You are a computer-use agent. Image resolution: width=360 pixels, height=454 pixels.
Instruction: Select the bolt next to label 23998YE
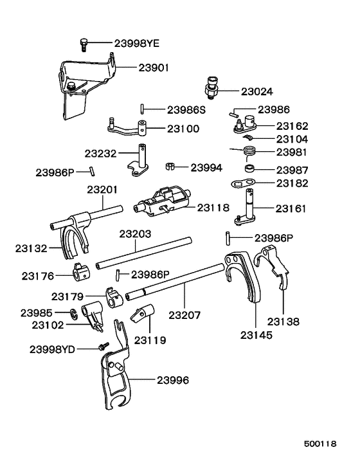[84, 43]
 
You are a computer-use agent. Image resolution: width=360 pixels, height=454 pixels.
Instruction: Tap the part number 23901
[152, 66]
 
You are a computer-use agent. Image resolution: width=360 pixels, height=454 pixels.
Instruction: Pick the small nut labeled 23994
[170, 168]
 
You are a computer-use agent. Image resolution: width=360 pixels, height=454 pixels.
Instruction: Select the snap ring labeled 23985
[75, 313]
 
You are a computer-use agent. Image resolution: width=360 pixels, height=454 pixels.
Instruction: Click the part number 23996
[172, 380]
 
